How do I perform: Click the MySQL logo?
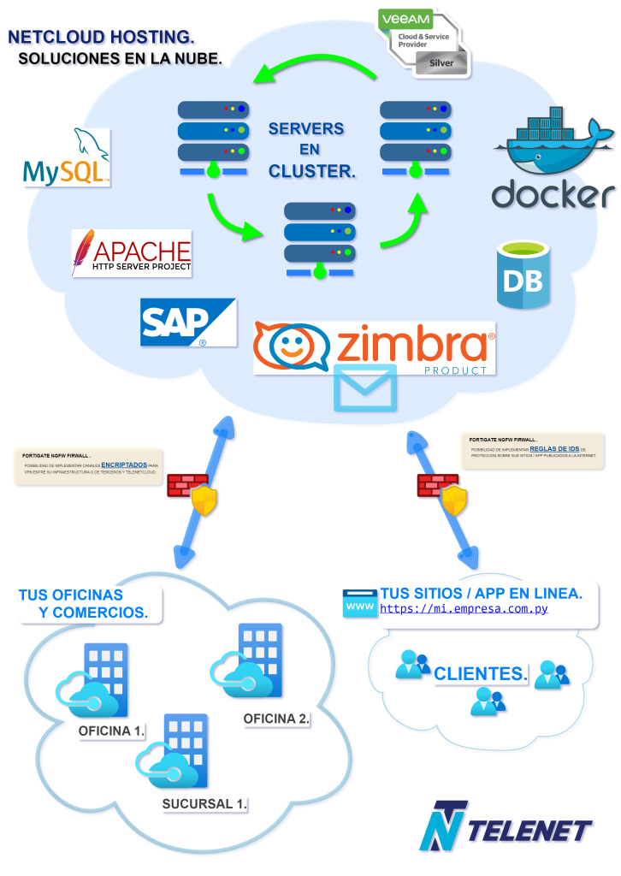67,158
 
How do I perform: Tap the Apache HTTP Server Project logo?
132,253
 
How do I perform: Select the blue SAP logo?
187,322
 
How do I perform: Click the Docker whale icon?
553,142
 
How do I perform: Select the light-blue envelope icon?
365,388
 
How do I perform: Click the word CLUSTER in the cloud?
310,171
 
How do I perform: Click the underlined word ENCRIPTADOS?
130,464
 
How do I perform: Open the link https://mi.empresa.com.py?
464,609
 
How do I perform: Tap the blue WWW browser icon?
359,603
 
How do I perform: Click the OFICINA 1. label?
111,731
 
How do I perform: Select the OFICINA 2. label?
276,718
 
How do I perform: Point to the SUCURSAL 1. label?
205,803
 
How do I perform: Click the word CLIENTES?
480,674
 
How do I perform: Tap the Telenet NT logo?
445,826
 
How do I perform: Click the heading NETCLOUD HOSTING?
101,37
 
